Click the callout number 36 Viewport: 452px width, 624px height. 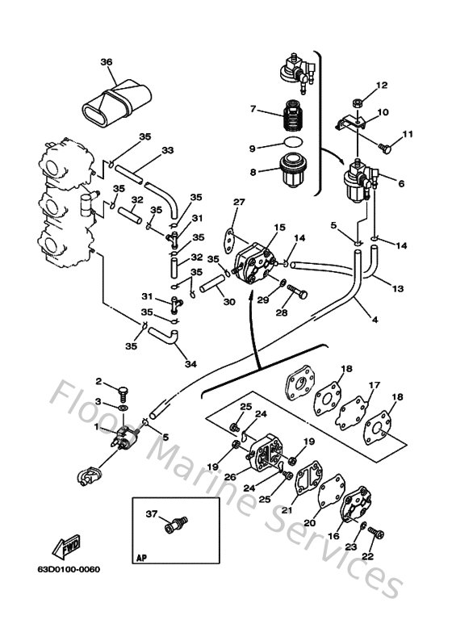click(x=106, y=62)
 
